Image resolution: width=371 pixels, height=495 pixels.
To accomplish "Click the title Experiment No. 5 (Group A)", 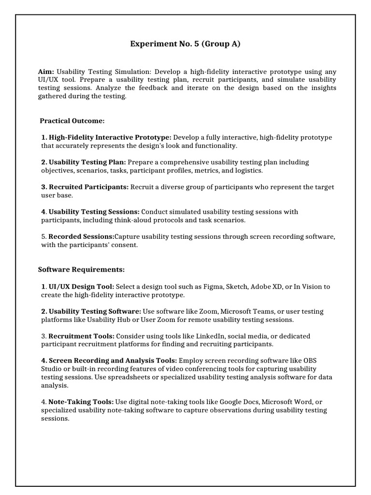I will tap(185, 44).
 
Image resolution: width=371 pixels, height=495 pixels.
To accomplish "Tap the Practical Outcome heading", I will tap(72, 120).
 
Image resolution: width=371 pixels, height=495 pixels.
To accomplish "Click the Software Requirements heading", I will tap(81, 269).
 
